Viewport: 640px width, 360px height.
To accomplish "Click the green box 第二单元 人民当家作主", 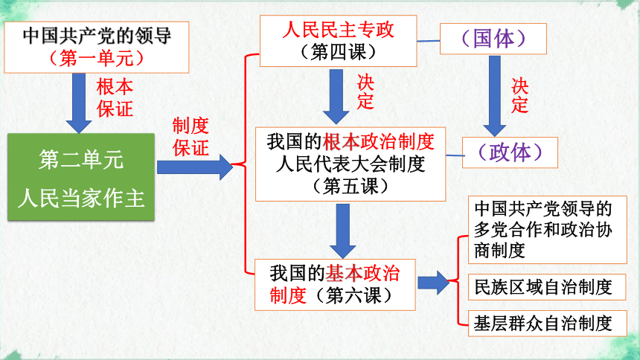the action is [81, 177].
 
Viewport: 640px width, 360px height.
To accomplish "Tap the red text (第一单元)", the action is [96, 58].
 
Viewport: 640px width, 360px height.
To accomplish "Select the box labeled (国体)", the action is [493, 39].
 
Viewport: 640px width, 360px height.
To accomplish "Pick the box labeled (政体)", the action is [510, 152].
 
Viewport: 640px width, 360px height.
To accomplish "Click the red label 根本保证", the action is [115, 98].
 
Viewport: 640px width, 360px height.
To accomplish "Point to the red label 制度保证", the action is [191, 137].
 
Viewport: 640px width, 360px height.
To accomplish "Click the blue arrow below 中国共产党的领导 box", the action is [79, 103].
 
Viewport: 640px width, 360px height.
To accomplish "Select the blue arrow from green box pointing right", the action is [195, 167].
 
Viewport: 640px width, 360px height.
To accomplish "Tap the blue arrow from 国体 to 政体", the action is [495, 96].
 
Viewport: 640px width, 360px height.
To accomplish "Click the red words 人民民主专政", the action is [338, 30].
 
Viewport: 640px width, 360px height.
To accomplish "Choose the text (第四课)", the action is [338, 52].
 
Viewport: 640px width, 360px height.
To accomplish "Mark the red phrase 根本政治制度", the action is [378, 141].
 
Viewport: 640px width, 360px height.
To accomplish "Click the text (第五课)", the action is [351, 187].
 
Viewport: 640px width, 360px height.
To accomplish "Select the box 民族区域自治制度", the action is [547, 287].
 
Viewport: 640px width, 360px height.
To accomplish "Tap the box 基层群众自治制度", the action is [547, 324].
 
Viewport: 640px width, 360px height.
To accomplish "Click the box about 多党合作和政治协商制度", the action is [547, 230].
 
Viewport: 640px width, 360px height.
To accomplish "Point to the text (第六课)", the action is [353, 295].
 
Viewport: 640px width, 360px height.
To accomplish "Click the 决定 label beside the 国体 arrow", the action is [519, 96].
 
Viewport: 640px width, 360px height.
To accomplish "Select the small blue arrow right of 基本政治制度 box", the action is [433, 283].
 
